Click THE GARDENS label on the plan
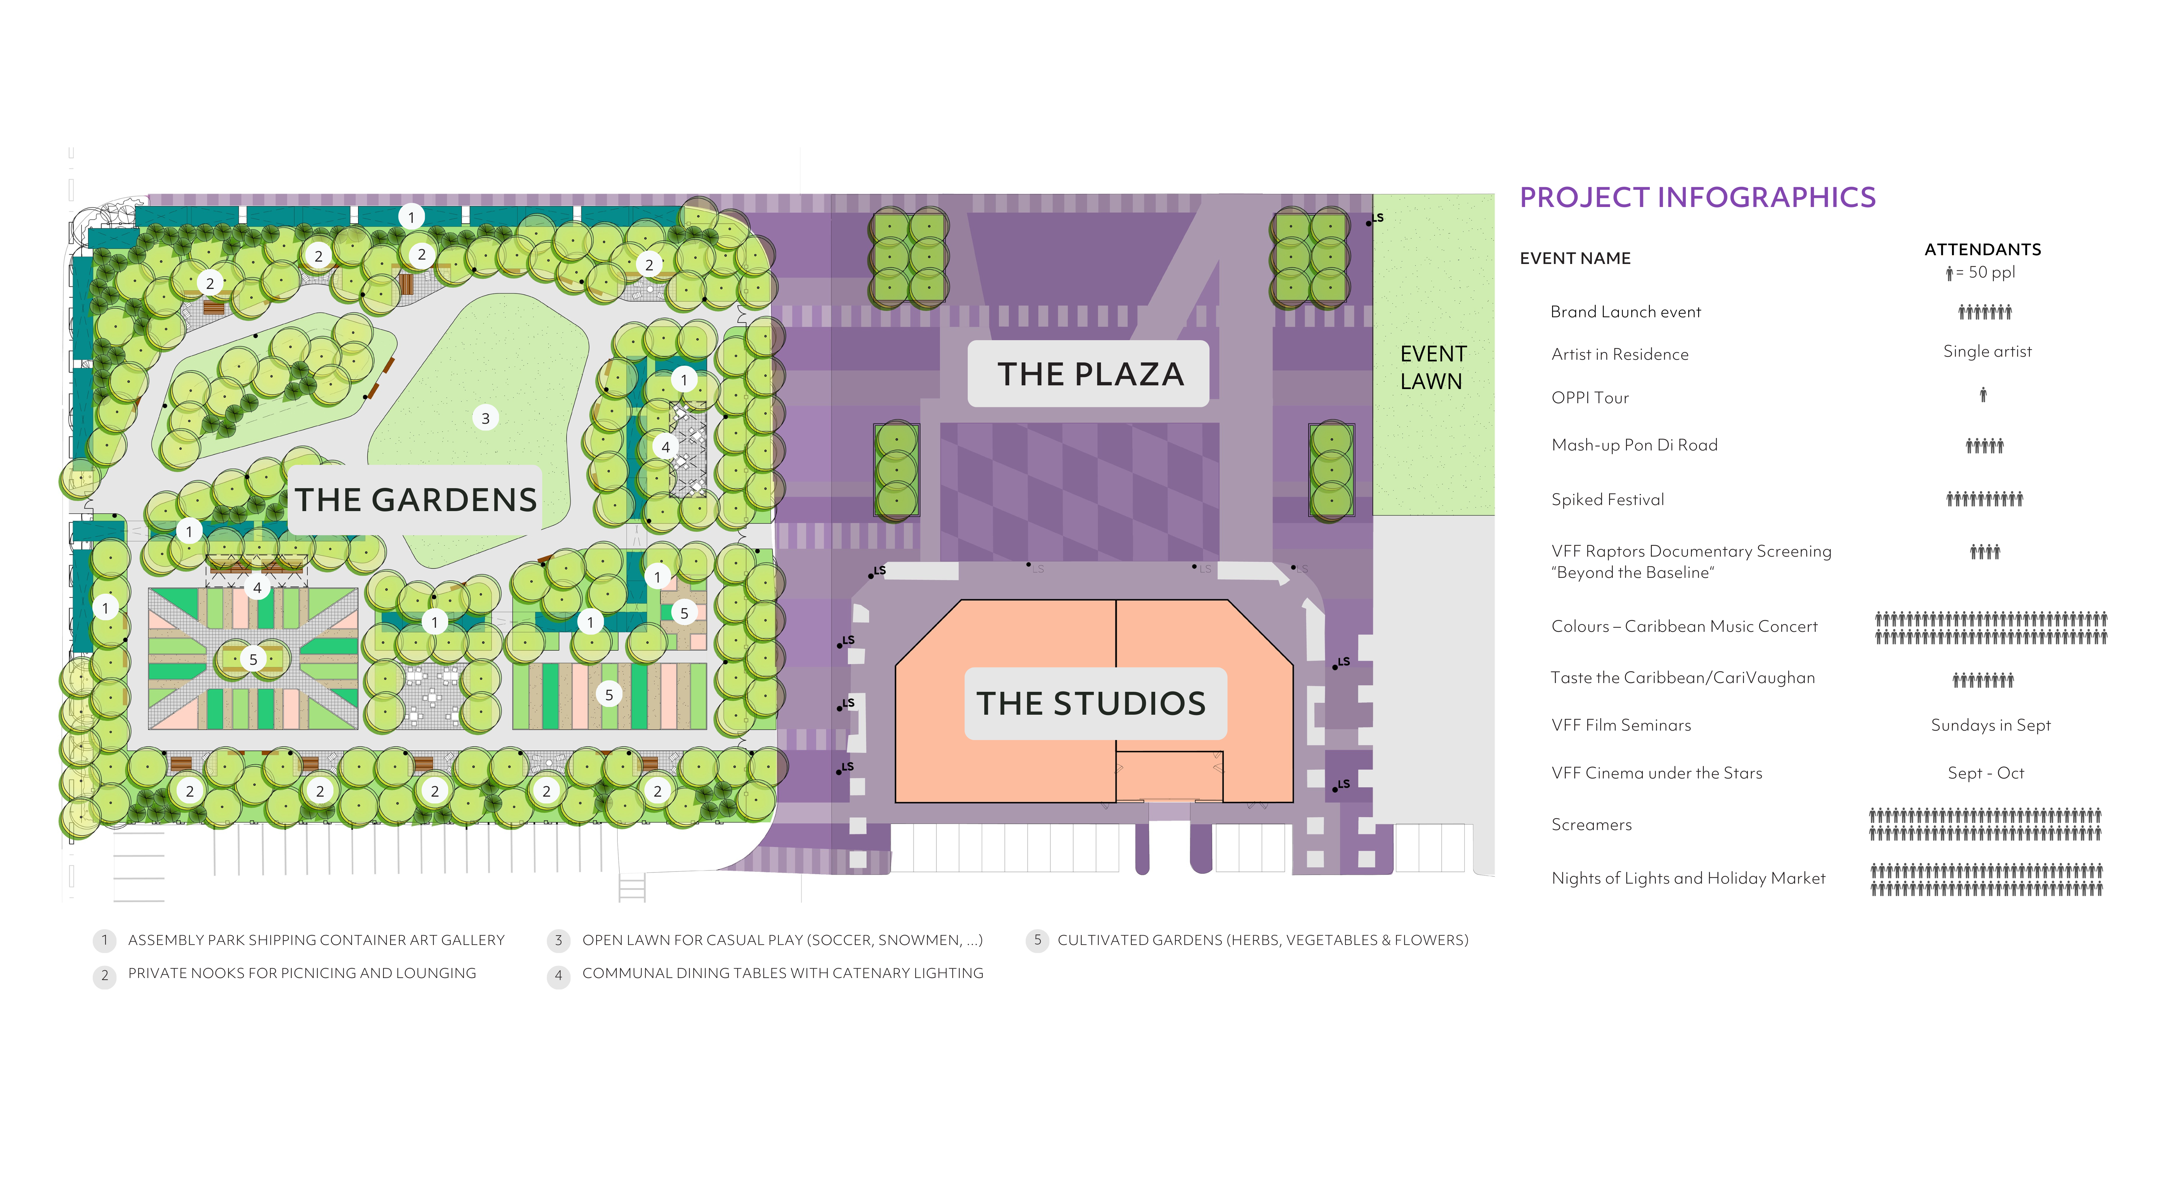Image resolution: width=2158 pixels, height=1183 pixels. click(x=415, y=500)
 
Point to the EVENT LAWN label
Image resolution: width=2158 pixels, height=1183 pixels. click(x=1432, y=368)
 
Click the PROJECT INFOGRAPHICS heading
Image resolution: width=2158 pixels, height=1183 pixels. click(x=1697, y=198)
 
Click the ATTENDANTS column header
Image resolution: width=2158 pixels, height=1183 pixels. click(x=1982, y=250)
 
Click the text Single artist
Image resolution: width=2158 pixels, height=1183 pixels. click(x=1987, y=352)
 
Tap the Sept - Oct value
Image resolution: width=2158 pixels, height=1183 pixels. click(x=1985, y=773)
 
